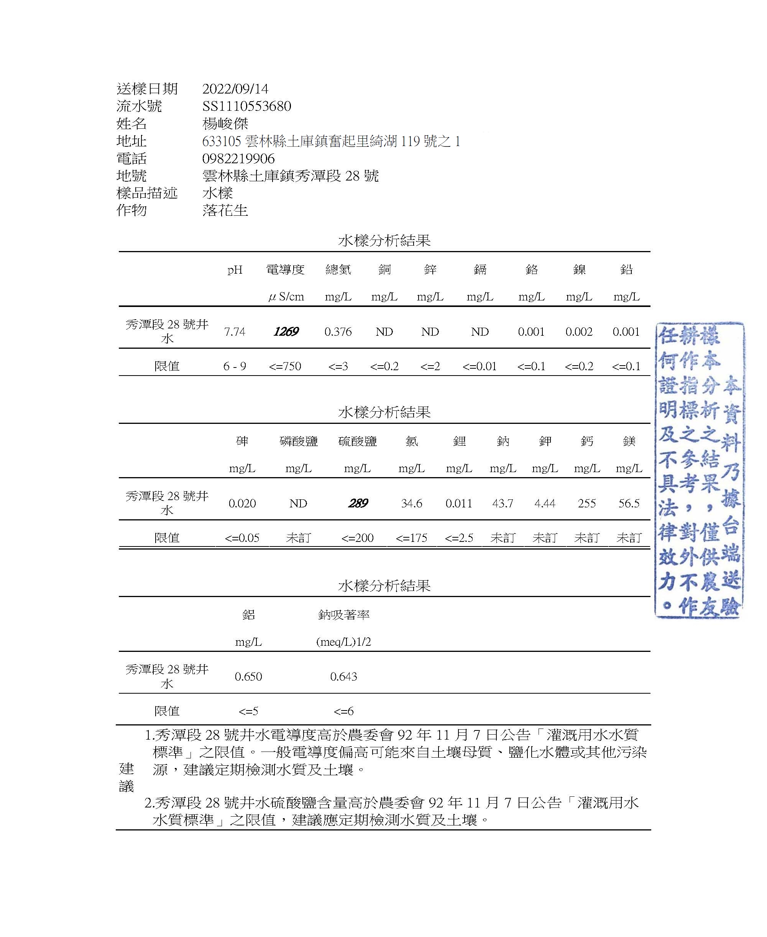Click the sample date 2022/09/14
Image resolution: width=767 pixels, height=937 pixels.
tap(235, 89)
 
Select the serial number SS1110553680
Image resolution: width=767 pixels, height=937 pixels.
tap(246, 106)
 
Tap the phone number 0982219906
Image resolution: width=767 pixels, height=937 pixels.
tap(238, 158)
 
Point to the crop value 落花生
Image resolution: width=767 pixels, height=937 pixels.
tap(225, 210)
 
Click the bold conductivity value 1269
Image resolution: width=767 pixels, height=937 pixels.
tap(286, 331)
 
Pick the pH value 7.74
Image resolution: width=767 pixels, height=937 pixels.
tap(234, 331)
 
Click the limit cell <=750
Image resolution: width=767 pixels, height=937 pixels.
tap(285, 366)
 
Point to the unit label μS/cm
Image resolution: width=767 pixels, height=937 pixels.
tap(286, 297)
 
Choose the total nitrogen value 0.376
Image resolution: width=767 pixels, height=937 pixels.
tap(338, 331)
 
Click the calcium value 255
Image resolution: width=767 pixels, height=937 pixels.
tap(587, 503)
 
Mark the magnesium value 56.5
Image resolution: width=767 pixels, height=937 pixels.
tap(629, 503)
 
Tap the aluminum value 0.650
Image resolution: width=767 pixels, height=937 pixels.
tap(248, 676)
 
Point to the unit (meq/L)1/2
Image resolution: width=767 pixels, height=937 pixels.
tap(343, 642)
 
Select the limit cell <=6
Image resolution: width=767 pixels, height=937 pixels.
tap(343, 711)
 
